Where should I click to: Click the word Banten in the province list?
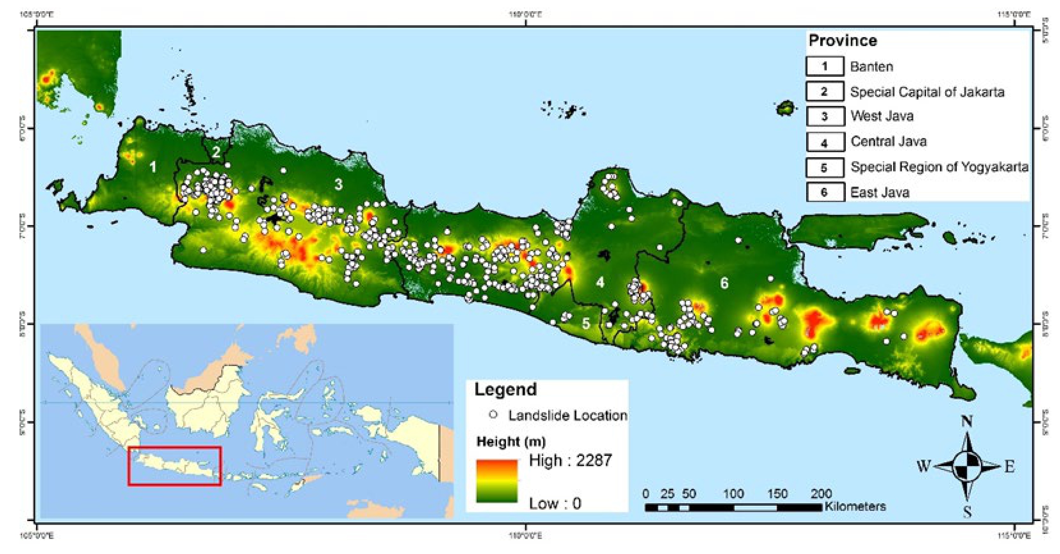tap(871, 67)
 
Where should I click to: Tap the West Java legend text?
tap(882, 116)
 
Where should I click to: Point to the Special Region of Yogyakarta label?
tap(939, 167)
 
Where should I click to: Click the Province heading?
tap(842, 41)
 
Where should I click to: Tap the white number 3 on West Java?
tap(338, 185)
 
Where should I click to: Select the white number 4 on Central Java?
tap(600, 282)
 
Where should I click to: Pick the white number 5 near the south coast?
tap(586, 324)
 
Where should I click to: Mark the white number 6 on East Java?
tap(724, 283)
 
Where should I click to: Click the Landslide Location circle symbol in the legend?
tap(493, 415)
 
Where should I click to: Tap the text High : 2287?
tap(570, 460)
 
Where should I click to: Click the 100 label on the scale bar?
tap(733, 494)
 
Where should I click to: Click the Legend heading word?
tap(505, 389)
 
